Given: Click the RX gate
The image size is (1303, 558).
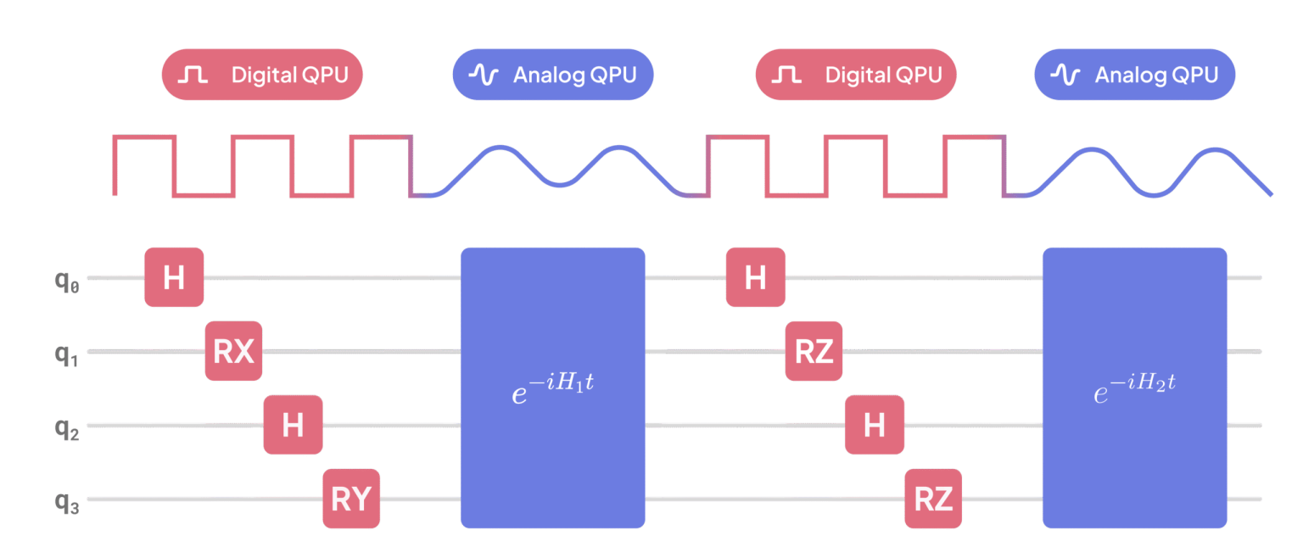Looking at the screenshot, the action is pos(233,351).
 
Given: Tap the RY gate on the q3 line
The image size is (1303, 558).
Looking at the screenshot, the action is pos(351,499).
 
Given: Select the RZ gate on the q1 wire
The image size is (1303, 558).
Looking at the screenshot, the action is pos(814,351).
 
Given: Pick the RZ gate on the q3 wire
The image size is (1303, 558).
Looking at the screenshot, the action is pos(933,499).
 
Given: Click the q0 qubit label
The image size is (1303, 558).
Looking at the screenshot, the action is pos(67,282).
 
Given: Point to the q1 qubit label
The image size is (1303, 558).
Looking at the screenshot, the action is pos(66,355).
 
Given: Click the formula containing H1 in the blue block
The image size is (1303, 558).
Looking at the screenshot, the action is pos(552,388).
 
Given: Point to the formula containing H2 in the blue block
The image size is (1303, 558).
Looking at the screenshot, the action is pos(1135,388).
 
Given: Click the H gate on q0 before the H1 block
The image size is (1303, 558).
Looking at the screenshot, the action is pos(174,277).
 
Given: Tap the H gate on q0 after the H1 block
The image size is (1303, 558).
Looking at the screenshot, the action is pos(756,277).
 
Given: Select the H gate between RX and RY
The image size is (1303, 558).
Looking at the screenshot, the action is pos(294,425).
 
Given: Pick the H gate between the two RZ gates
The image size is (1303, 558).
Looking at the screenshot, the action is pos(875,425).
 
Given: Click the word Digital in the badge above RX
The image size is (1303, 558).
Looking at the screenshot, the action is pos(265,75).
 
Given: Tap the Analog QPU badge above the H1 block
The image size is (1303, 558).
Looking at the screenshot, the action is pos(553,75).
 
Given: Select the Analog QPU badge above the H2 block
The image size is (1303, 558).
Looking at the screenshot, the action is pos(1135,75).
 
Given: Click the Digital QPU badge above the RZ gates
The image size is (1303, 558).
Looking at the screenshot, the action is pos(856,75).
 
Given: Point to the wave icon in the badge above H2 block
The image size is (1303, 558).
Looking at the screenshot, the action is pos(1065,75).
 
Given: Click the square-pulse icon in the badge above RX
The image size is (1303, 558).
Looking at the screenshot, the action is pos(193,75).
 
